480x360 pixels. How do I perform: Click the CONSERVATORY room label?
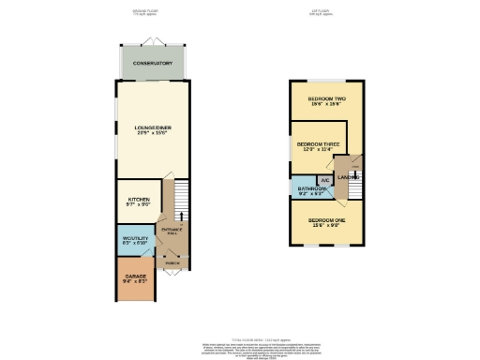152,64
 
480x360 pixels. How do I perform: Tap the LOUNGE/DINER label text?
152,127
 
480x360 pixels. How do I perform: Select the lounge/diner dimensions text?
152,133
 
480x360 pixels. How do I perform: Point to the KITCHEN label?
139,200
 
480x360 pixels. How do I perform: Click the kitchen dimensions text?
139,206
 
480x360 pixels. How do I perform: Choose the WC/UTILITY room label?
135,239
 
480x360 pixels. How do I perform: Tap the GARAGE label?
134,277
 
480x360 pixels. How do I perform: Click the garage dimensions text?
134,283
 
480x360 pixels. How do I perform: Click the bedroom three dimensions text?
315,150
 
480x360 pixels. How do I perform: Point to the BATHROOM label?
312,189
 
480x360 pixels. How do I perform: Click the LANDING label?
347,177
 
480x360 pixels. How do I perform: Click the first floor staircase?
356,191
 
